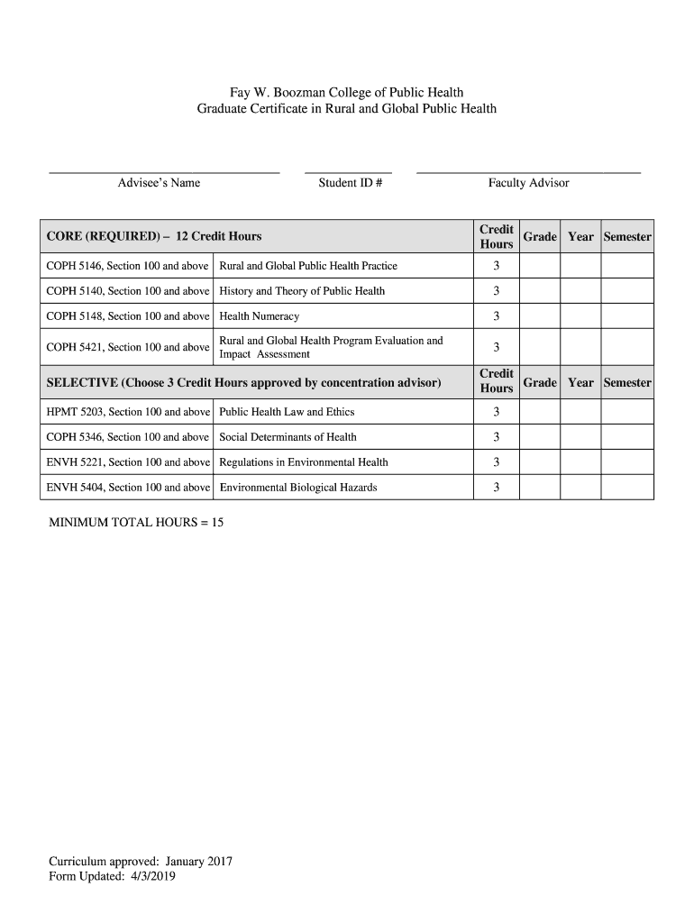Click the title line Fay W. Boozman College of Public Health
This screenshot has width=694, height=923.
346,93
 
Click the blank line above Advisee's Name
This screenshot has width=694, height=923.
164,171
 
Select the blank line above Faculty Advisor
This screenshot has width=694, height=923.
528,171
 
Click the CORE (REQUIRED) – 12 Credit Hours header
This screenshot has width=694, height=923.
154,236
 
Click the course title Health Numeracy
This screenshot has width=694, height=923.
260,316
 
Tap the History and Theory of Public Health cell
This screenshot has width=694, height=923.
302,291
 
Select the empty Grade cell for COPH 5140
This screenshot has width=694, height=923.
540,291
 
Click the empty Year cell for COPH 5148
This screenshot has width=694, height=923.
580,316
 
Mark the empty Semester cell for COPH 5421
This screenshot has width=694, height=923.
627,347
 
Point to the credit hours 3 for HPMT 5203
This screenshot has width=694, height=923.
496,412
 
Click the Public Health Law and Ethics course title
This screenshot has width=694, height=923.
288,412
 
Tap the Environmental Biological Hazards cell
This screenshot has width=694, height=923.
298,488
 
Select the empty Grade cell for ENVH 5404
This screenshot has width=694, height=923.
540,488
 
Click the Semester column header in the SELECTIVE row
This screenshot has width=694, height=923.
627,382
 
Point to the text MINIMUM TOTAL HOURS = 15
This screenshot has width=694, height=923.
136,523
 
